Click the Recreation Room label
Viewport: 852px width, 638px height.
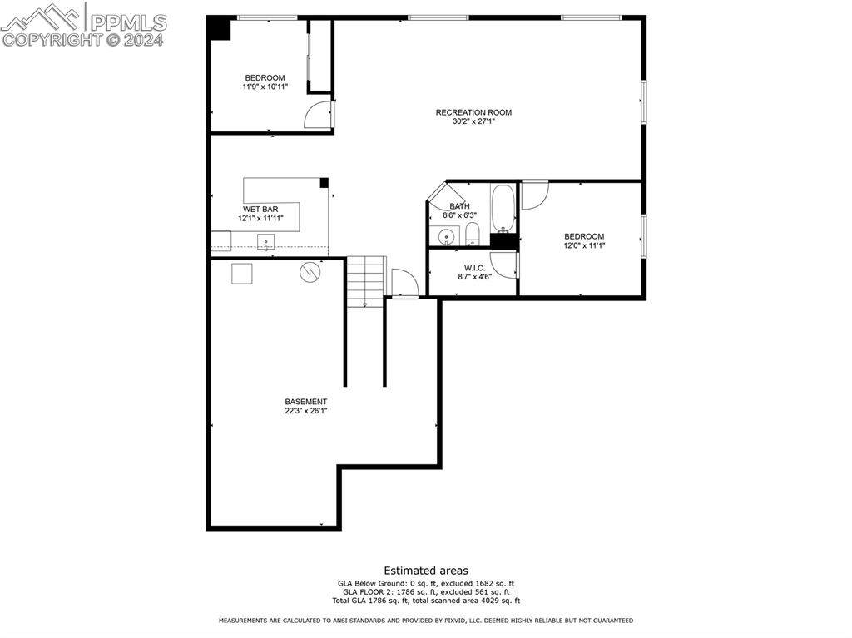pos(473,112)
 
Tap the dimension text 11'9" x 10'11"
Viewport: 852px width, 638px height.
pos(265,87)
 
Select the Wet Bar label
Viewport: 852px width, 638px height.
pos(260,210)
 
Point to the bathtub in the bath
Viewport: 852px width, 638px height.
pos(503,208)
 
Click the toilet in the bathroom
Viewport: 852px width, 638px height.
pos(473,234)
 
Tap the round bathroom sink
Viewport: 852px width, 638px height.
pos(447,237)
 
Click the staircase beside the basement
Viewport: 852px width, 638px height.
pos(366,281)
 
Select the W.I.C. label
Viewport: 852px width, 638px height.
pos(474,268)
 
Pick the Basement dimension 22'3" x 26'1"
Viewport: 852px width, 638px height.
pos(306,411)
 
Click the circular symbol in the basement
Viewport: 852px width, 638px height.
pos(310,272)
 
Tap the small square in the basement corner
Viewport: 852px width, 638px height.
pos(242,274)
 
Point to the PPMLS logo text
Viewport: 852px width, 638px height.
pos(128,22)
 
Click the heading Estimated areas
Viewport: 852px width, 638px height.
pos(426,571)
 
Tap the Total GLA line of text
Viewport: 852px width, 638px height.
pos(426,601)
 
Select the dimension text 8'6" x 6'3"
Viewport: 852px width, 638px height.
pos(459,215)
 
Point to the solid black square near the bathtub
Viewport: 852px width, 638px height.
pos(503,241)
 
